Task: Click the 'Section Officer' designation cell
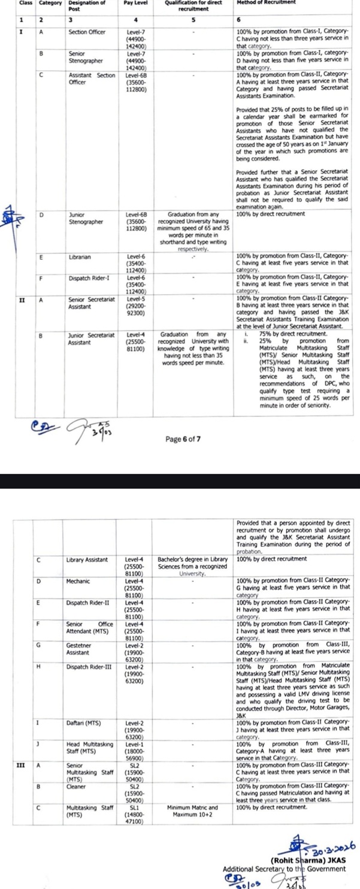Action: tap(87, 31)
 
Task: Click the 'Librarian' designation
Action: tap(80, 257)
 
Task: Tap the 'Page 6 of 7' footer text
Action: tap(183, 439)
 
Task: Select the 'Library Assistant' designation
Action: tap(87, 560)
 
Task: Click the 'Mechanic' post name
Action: tap(78, 581)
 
